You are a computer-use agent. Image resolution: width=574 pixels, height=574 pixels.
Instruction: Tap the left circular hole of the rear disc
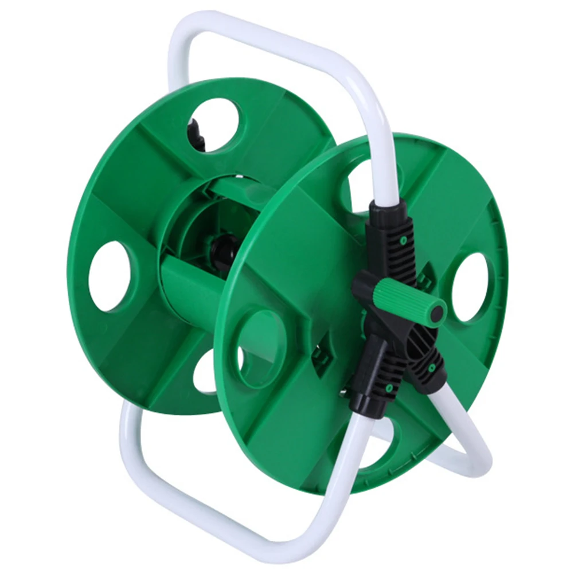pyautogui.click(x=109, y=276)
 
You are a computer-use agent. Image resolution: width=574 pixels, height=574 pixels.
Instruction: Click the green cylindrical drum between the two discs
pyautogui.click(x=189, y=287)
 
